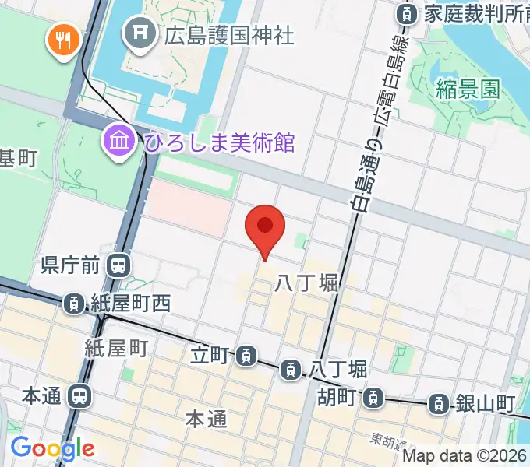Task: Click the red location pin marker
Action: [x=265, y=227]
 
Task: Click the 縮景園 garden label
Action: [x=468, y=88]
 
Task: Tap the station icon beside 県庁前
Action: [x=119, y=266]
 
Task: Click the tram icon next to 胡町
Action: [x=375, y=398]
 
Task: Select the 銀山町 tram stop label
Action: [x=484, y=404]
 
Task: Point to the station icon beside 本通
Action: [x=79, y=396]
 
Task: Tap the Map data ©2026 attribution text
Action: [x=465, y=456]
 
